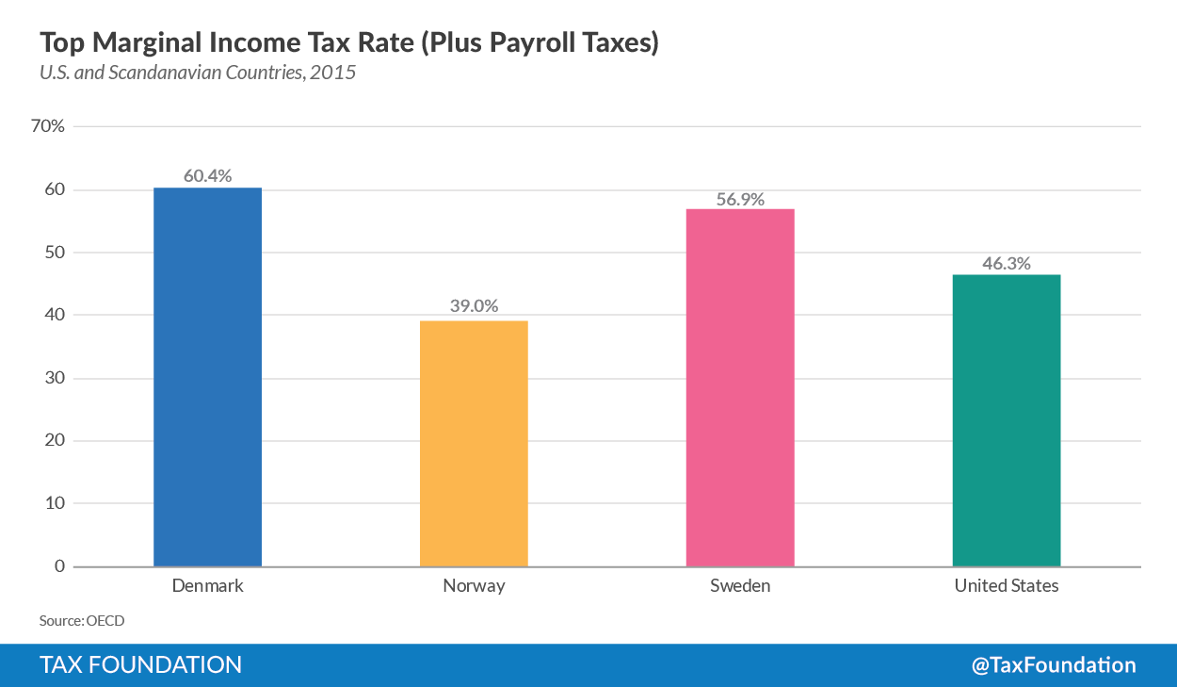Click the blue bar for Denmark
point(207,377)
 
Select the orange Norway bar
point(474,443)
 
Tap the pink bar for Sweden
point(740,387)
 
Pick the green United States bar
point(1007,420)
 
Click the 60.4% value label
point(207,176)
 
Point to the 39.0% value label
point(474,306)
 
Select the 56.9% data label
point(740,199)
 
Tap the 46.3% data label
point(1007,263)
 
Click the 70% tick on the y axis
point(48,126)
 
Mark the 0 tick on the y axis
point(58,566)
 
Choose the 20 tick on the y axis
point(55,441)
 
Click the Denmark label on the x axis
point(207,586)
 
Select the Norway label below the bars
point(474,586)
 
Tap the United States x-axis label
point(1007,586)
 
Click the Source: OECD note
point(82,621)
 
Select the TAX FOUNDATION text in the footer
point(140,664)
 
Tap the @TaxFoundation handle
point(1054,664)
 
